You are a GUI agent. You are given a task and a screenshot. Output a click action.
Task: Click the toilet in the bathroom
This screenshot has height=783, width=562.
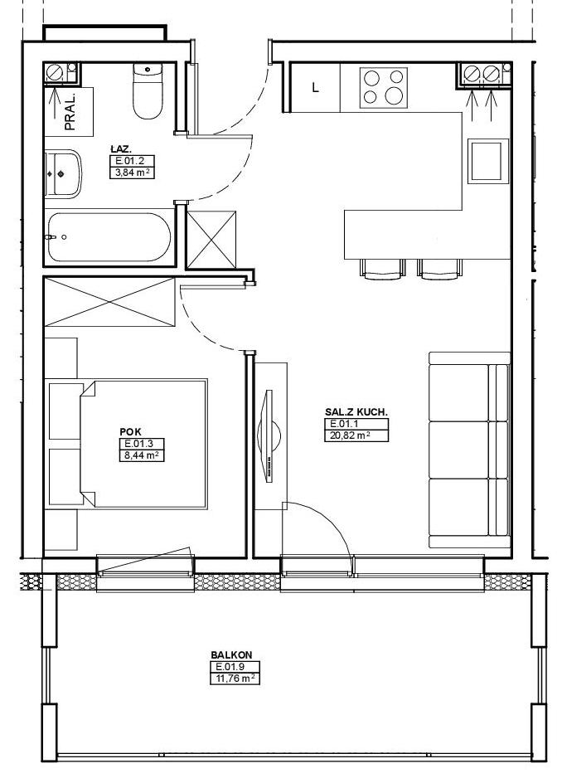click(148, 91)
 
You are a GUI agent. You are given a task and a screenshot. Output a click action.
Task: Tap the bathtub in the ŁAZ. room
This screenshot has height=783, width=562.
click(109, 238)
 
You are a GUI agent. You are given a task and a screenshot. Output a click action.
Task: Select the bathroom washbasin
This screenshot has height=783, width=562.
click(62, 173)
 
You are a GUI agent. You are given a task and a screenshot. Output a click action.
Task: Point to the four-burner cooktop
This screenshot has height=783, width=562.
click(383, 88)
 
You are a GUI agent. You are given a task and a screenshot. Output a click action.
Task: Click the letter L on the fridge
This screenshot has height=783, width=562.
click(315, 89)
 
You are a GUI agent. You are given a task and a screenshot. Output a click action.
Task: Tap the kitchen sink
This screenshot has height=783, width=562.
click(487, 160)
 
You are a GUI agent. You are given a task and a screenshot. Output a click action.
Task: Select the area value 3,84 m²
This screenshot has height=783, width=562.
click(133, 173)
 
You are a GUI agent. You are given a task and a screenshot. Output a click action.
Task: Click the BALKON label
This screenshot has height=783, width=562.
click(231, 654)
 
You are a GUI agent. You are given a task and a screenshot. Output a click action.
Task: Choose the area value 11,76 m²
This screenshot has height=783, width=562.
click(235, 678)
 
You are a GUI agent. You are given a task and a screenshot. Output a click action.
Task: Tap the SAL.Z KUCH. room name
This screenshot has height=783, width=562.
click(356, 412)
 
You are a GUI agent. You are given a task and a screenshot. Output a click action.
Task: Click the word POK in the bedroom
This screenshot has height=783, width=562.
click(130, 432)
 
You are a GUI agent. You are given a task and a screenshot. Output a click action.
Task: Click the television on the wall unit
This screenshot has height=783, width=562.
click(269, 436)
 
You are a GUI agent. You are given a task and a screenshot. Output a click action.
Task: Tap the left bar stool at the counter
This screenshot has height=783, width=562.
click(382, 269)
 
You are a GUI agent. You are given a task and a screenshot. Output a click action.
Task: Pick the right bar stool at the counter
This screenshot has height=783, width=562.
click(439, 269)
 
